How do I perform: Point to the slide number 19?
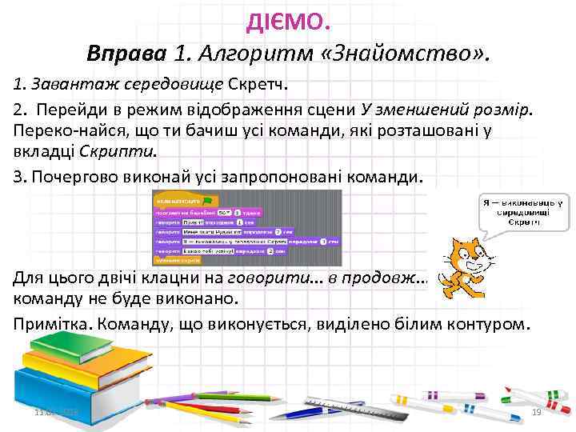pyautogui.click(x=537, y=411)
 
